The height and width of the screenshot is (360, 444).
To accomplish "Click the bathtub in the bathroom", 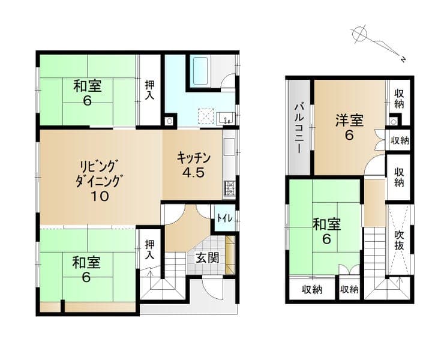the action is [200, 72].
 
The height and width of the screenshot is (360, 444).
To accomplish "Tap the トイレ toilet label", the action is [225, 218].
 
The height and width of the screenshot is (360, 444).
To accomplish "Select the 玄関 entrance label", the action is [208, 258].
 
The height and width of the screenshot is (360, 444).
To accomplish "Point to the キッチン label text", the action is [194, 158].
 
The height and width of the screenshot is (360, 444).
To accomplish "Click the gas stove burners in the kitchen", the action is [230, 188].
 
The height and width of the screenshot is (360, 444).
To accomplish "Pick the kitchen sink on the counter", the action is [230, 147].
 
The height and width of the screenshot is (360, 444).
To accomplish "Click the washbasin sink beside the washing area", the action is [226, 118].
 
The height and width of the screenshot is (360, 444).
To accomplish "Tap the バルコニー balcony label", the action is [299, 128].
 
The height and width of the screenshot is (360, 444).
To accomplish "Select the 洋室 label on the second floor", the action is [349, 121].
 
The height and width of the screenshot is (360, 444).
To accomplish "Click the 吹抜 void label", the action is [399, 241].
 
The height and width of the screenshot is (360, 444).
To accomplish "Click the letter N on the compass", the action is [403, 59].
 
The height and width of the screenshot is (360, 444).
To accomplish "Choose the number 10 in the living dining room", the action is [100, 196].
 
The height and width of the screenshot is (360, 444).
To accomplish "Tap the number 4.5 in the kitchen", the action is [193, 172].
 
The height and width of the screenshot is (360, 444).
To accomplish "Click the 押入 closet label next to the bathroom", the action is [149, 90].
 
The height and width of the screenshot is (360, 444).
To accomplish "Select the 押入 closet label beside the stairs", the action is [149, 250].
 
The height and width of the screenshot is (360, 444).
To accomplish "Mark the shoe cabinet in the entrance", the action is [230, 254].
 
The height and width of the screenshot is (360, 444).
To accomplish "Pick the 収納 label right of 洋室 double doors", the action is [400, 140].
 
